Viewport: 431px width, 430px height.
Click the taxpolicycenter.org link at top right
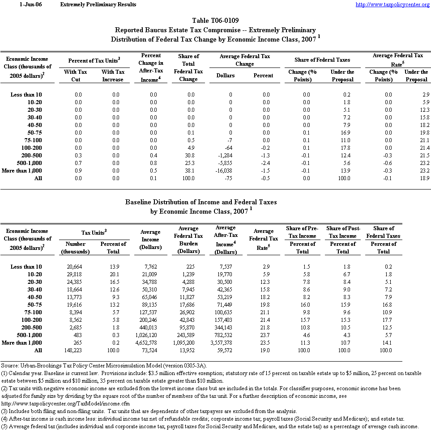coord(393,4)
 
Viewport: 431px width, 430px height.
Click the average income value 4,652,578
coord(150,343)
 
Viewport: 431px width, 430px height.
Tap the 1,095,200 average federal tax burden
coord(188,343)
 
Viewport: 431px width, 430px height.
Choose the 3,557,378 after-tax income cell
coord(225,343)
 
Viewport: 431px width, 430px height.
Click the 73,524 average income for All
coord(150,350)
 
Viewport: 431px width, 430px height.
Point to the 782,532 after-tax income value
coord(225,335)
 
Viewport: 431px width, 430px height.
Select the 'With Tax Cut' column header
coord(75,76)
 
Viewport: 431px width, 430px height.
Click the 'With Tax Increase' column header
coord(113,76)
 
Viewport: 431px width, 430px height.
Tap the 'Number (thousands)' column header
coord(75,248)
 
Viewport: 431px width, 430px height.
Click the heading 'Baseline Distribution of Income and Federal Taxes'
coord(201,202)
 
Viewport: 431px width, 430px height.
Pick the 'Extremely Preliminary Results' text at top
coord(98,4)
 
